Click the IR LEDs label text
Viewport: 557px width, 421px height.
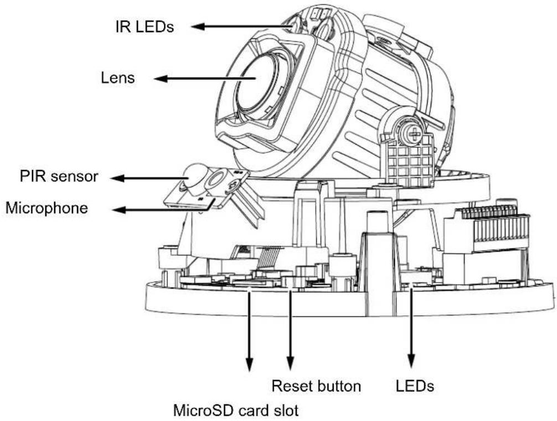tap(145, 26)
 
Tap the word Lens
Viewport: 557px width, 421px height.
tap(118, 78)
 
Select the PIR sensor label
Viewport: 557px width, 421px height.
tap(59, 176)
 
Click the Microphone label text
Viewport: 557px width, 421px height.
tap(47, 208)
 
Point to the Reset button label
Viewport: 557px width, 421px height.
tap(316, 386)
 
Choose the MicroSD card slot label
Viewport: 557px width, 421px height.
tap(236, 410)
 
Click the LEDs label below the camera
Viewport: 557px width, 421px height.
tap(415, 386)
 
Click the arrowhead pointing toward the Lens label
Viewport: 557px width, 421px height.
tap(161, 79)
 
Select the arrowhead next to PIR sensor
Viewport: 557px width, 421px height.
tap(117, 178)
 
